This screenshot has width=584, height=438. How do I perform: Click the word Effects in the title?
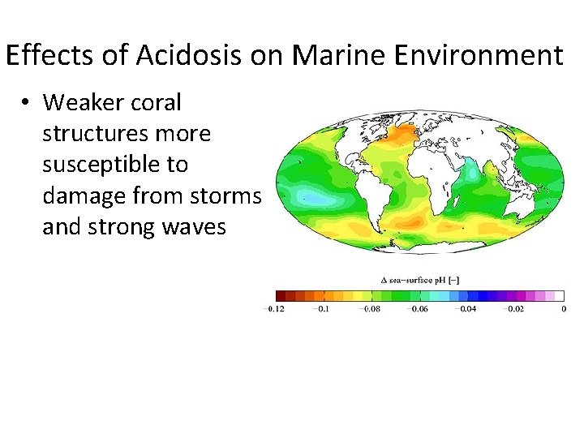52,56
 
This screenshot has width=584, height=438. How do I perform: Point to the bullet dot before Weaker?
27,103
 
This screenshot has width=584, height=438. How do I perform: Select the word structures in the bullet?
100,134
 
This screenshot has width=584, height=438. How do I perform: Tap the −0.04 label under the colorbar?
466,309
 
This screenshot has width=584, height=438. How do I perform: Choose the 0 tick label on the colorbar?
563,309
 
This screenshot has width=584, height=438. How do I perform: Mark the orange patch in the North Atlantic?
401,132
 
